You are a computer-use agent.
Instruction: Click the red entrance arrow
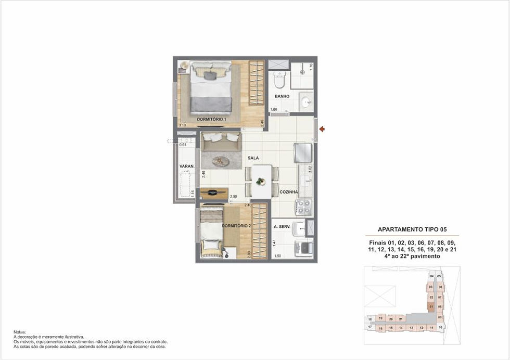[322, 129]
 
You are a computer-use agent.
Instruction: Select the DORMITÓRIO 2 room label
[236, 226]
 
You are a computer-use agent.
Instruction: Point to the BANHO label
[282, 96]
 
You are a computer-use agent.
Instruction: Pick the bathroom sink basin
[306, 100]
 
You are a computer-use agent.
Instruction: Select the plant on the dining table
[261, 181]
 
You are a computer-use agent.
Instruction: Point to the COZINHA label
[288, 192]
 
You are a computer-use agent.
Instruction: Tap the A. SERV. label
[282, 227]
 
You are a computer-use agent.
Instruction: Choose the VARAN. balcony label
[187, 166]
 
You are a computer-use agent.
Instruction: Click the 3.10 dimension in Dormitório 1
[182, 125]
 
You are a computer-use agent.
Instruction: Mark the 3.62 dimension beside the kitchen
[310, 169]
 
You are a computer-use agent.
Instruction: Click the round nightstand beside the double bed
[184, 65]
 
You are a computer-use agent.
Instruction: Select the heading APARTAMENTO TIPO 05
[412, 229]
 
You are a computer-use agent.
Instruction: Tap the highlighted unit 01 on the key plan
[431, 306]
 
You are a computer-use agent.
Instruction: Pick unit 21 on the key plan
[401, 319]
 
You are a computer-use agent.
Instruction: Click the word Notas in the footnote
[19, 331]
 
